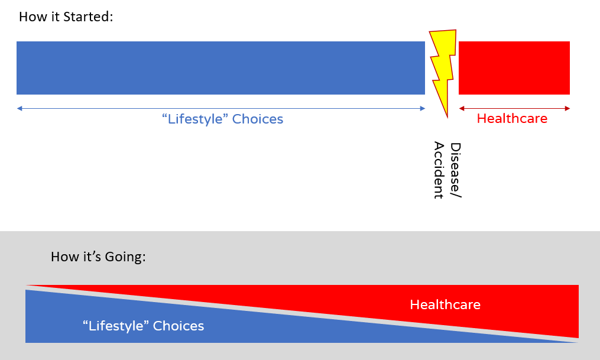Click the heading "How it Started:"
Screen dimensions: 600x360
[66, 17]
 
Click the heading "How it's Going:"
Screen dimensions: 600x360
[98, 257]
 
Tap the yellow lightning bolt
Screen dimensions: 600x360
[442, 65]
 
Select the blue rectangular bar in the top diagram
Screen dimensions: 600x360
[220, 68]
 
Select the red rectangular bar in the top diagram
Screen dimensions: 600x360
[514, 68]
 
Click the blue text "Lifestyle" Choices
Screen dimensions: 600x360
[222, 119]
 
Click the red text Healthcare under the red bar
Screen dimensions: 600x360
[512, 118]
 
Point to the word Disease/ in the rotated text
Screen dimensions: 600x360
[455, 170]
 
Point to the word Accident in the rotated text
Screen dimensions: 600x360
[439, 170]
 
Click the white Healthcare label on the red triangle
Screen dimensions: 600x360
[445, 305]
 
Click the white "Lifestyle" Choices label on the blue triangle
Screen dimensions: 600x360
[143, 326]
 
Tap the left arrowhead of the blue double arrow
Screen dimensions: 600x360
[20, 108]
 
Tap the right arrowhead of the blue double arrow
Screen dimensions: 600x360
[422, 108]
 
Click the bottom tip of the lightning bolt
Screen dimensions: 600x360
[447, 116]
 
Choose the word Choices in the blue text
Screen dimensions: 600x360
[258, 119]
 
